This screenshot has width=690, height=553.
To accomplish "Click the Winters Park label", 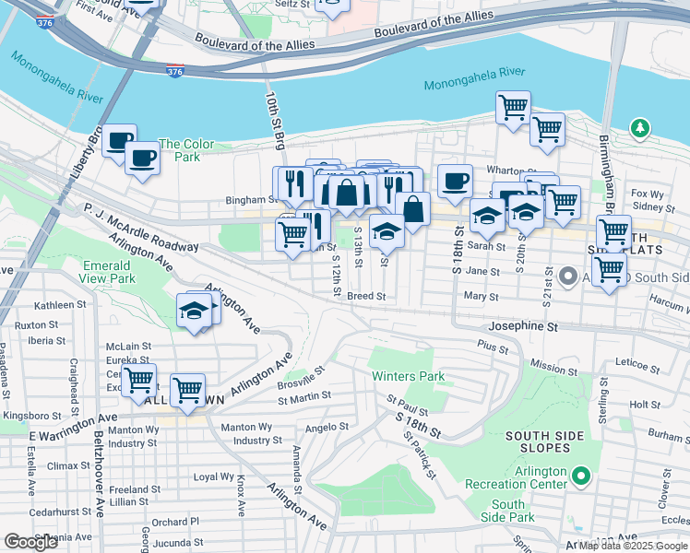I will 408,376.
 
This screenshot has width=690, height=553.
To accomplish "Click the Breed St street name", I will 366,297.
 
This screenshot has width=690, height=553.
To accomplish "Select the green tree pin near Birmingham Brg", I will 638,127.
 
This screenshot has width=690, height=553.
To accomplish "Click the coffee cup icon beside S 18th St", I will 454,181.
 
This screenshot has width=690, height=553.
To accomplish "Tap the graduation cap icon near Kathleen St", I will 194,312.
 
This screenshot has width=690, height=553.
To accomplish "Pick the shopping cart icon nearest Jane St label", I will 608,270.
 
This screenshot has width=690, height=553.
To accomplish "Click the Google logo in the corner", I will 30,542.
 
